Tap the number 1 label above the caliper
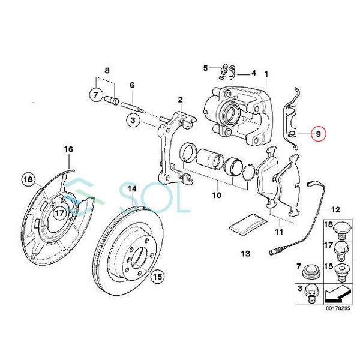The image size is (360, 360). pyautogui.click(x=266, y=74)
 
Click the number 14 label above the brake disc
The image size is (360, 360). pyautogui.click(x=132, y=188)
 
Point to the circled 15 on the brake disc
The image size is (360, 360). pyautogui.click(x=157, y=277)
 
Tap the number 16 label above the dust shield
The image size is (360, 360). pyautogui.click(x=68, y=149)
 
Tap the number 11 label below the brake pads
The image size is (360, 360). pyautogui.click(x=278, y=232)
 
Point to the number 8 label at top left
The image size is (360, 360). pyautogui.click(x=107, y=71)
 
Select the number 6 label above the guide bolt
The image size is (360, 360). pyautogui.click(x=132, y=85)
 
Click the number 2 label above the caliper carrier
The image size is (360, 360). pyautogui.click(x=179, y=99)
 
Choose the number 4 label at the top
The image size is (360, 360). pyautogui.click(x=254, y=73)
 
